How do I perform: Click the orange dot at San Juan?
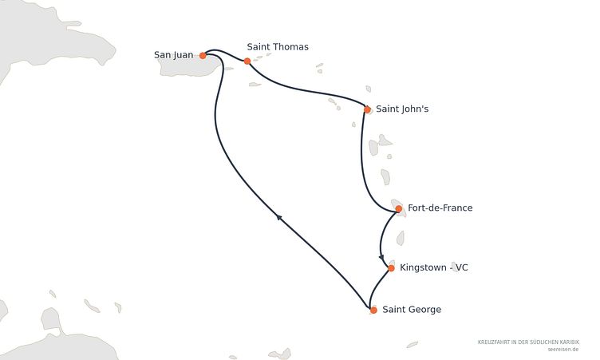pos(203,56)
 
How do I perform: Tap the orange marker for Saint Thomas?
pos(247,61)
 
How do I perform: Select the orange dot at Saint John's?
pos(367,110)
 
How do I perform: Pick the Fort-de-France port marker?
pos(399,208)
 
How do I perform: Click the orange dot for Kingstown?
pos(391,268)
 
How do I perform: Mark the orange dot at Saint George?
pos(373,310)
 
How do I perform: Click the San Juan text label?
pos(173,55)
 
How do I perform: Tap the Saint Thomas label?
pos(278,47)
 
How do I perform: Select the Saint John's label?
pos(402,109)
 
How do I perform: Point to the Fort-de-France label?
pos(440,208)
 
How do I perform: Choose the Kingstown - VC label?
pos(434,267)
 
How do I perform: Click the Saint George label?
pos(412,310)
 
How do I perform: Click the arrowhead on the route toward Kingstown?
pos(381,257)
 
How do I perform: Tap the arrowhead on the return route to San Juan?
pos(279,218)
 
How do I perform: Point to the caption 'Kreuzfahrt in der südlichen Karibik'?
pos(528,342)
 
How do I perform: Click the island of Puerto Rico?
pos(189,66)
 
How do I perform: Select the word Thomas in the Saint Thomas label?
pos(290,47)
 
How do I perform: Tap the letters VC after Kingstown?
pos(462,267)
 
